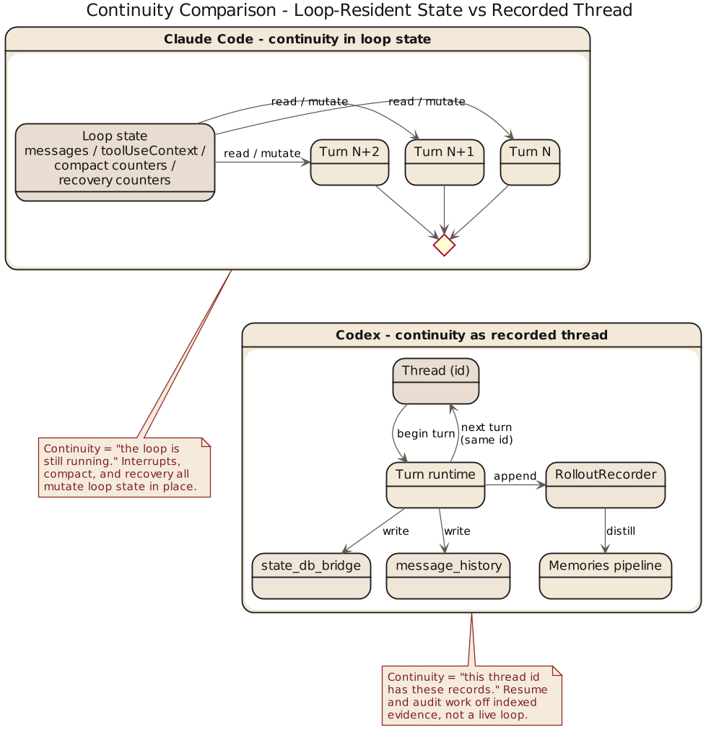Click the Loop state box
point(115,162)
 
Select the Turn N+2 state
point(349,162)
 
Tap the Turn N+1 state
point(445,162)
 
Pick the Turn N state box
point(530,162)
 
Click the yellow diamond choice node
point(445,245)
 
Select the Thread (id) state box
point(436,381)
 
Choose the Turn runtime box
point(435,485)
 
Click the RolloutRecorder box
point(606,485)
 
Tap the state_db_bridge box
point(311,576)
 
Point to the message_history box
point(448,576)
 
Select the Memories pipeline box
point(606,576)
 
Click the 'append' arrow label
point(515,477)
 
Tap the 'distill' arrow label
point(621,531)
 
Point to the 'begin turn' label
point(426,434)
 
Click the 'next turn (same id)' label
point(487,434)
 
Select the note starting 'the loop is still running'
point(125,467)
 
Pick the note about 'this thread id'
point(472,695)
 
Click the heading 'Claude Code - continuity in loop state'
point(297,39)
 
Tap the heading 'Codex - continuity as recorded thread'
point(471,335)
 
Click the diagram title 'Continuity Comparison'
point(359,10)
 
